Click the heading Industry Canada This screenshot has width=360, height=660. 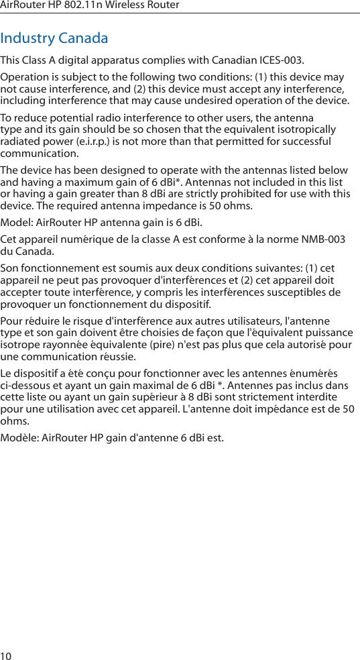[x=54, y=38]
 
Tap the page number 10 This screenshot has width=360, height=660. [x=6, y=655]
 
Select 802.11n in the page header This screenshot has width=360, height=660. [x=92, y=5]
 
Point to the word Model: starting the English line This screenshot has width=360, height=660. [x=16, y=223]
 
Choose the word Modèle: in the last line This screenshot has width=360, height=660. [x=19, y=438]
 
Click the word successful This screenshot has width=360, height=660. [x=304, y=142]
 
